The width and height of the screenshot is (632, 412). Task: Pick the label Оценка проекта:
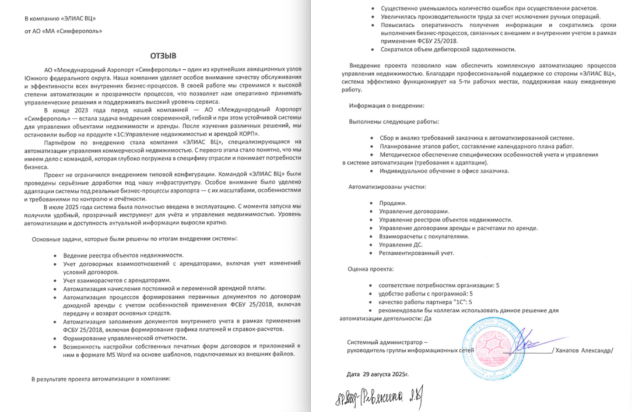[371, 269]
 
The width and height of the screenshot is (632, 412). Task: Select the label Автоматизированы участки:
[387, 187]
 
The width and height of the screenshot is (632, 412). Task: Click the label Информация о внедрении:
[387, 105]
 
